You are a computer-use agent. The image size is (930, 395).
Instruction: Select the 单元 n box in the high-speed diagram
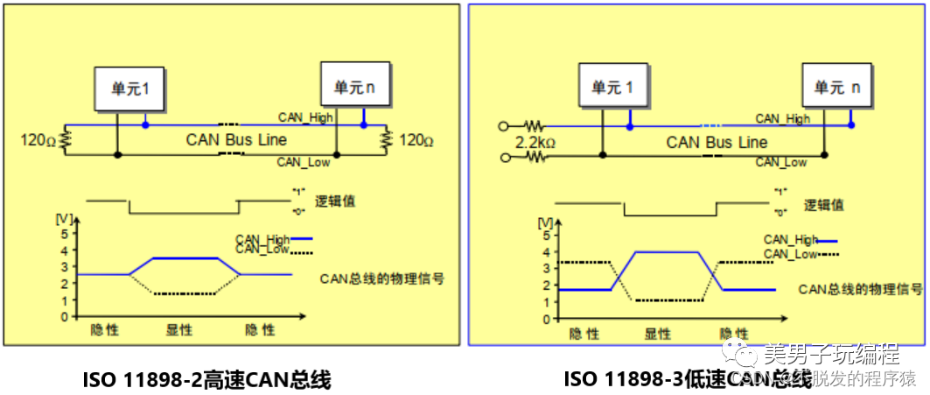pyautogui.click(x=354, y=86)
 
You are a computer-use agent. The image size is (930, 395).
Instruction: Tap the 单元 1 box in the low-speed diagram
pyautogui.click(x=612, y=88)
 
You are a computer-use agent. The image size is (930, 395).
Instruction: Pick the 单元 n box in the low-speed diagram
pyautogui.click(x=837, y=87)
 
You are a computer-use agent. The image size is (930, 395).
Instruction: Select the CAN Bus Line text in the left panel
pyautogui.click(x=236, y=139)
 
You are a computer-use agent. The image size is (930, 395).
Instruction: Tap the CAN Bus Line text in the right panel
pyautogui.click(x=717, y=142)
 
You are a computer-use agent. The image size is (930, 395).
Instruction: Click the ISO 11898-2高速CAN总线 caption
pyautogui.click(x=206, y=379)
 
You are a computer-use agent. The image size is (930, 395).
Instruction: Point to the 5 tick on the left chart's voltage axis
pyautogui.click(x=63, y=234)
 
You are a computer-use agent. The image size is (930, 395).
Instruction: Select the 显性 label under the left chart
pyautogui.click(x=179, y=330)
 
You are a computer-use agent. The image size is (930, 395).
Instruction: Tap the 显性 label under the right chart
pyautogui.click(x=658, y=334)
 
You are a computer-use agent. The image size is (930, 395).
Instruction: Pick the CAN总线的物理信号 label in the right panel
pyautogui.click(x=860, y=289)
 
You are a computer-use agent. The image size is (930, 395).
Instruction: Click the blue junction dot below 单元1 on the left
pyautogui.click(x=145, y=125)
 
